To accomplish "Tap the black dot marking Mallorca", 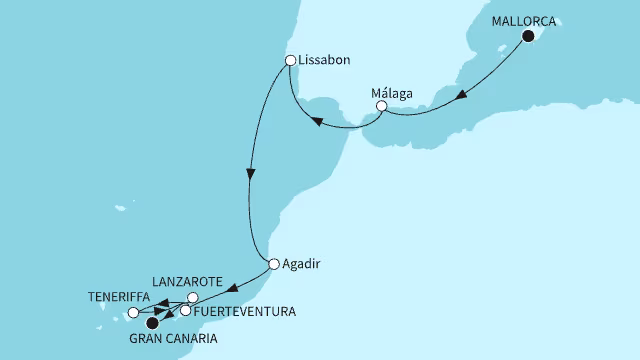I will pos(527,37).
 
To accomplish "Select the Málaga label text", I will pos(392,87).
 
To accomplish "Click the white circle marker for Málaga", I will pos(381,105).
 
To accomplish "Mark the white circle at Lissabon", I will pos(290,60).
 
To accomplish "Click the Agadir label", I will pos(305,264).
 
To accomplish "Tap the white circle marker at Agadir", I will pos(274,265).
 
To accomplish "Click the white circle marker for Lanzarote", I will pos(194,297).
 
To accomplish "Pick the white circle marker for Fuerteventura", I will pos(185,311).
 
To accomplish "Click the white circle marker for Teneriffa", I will pos(134,313).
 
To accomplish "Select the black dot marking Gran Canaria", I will pos(152,322).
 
